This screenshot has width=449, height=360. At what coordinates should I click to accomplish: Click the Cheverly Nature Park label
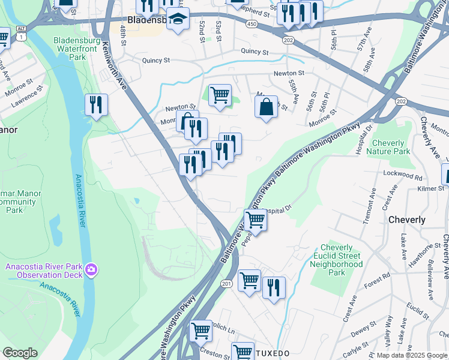point(391,147)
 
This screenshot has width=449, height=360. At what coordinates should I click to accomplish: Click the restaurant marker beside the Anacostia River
point(96,106)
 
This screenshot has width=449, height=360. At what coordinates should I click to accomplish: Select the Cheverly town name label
point(407,220)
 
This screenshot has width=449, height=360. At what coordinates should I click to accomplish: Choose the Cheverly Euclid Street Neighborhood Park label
point(341,260)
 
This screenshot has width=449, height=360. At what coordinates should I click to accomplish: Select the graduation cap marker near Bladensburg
point(178,20)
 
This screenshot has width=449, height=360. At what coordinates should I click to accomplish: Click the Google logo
point(19,353)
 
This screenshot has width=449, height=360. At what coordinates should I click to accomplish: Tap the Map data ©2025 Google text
point(411,355)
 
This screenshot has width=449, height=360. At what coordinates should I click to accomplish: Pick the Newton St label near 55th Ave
point(289,73)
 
